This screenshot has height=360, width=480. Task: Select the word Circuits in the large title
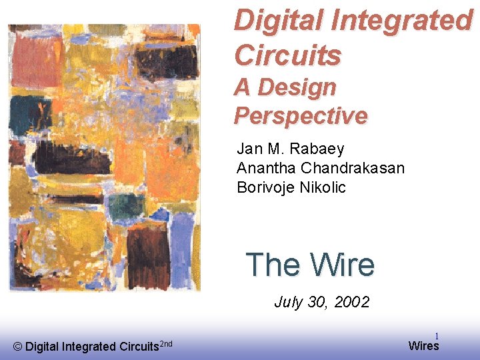(x=287, y=55)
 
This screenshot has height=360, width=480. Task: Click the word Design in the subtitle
(x=297, y=87)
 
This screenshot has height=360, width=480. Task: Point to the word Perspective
(x=300, y=115)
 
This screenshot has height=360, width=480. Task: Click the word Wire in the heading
(x=343, y=265)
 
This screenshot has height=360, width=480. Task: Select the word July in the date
(x=288, y=302)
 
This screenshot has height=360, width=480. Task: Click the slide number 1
(x=437, y=337)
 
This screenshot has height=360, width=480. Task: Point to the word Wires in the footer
(x=423, y=345)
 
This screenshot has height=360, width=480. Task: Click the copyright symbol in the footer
(x=17, y=346)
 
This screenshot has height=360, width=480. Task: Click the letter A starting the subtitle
(x=243, y=87)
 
